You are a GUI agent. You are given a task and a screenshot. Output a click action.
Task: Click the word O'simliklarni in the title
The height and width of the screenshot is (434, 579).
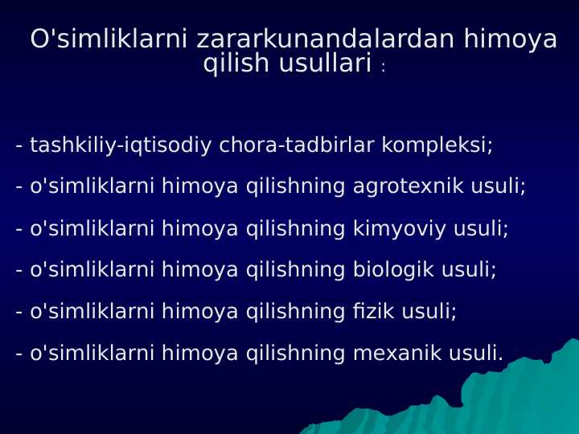click(x=109, y=39)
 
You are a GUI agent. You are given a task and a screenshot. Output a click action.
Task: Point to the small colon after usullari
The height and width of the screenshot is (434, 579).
click(x=384, y=69)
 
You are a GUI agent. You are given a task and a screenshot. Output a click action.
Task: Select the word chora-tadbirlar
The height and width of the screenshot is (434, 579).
click(x=297, y=145)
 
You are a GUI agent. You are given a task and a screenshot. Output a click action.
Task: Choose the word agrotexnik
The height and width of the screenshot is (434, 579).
click(x=400, y=186)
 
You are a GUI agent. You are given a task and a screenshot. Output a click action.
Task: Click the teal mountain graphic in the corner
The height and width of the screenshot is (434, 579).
click(x=515, y=394)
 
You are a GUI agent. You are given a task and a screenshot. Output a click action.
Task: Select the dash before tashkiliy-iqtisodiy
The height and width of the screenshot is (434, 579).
click(x=18, y=146)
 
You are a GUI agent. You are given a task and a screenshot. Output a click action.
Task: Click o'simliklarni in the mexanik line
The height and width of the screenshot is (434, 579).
click(x=92, y=353)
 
